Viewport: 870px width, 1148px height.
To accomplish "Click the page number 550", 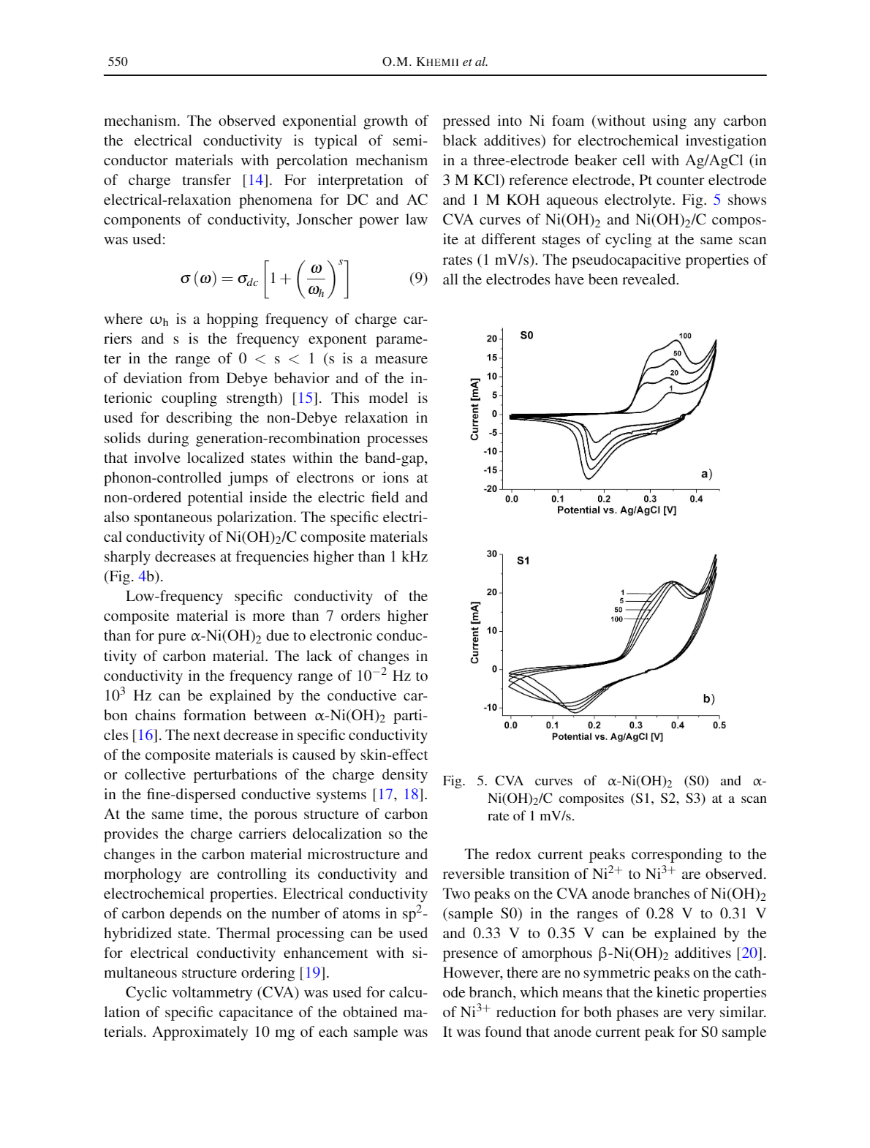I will pyautogui.click(x=118, y=61).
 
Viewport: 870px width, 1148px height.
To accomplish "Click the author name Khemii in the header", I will pyautogui.click(x=436, y=62).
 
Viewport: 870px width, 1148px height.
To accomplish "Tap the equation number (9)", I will pyautogui.click(x=418, y=278).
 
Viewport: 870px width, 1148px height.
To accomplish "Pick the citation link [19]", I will pyautogui.click(x=314, y=973).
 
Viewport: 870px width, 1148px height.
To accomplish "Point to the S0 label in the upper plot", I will pyautogui.click(x=526, y=336).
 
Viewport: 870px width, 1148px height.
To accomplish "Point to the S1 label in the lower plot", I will pyautogui.click(x=523, y=561).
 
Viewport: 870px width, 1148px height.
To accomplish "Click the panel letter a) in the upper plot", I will pyautogui.click(x=706, y=474).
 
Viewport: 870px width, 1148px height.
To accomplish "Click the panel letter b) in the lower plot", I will pyautogui.click(x=708, y=699).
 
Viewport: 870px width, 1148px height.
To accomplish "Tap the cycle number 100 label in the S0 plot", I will pyautogui.click(x=685, y=336).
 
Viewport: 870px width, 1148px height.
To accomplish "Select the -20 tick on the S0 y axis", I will pyautogui.click(x=490, y=488).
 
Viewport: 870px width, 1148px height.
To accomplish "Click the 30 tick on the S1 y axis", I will pyautogui.click(x=492, y=554).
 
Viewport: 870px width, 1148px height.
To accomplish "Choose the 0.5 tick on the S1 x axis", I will pyautogui.click(x=719, y=725).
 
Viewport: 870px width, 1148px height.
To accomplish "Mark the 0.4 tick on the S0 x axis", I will pyautogui.click(x=696, y=499).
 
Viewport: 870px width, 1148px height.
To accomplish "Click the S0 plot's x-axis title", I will pyautogui.click(x=616, y=510).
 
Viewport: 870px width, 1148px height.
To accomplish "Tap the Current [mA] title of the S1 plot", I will pyautogui.click(x=475, y=632).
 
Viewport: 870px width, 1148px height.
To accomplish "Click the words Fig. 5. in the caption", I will pyautogui.click(x=464, y=781).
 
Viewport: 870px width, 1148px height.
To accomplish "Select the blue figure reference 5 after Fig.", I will pyautogui.click(x=717, y=200).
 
